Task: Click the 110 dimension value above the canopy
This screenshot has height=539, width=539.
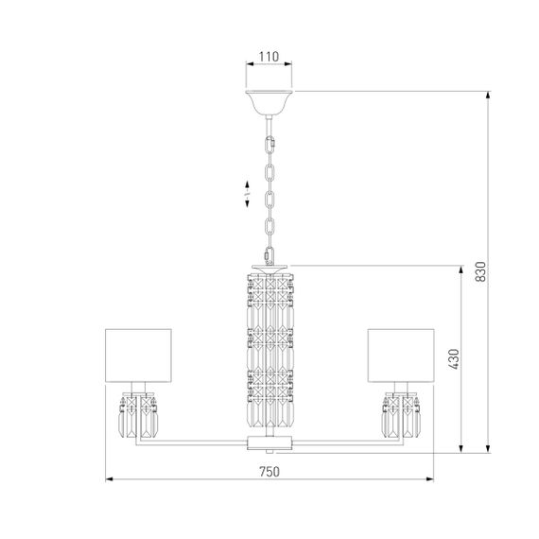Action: click(x=269, y=56)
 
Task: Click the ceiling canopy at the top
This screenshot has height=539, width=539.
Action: click(x=269, y=100)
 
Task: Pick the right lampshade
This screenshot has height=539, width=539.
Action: click(x=400, y=351)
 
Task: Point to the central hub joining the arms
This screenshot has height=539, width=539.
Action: click(x=269, y=442)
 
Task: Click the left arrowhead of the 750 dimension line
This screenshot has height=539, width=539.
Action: click(x=108, y=480)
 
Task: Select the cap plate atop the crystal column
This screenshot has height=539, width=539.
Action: click(x=269, y=267)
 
